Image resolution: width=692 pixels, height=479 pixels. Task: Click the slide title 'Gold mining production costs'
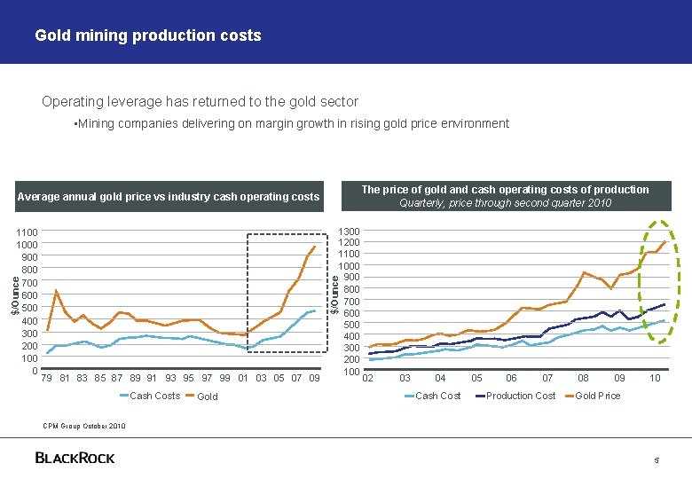147,35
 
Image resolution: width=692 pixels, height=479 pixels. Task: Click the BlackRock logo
75,458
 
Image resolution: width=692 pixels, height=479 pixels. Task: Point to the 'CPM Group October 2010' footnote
85,426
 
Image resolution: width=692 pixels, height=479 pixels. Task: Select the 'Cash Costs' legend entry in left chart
154,396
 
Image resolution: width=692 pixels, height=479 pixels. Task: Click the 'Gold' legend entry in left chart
208,397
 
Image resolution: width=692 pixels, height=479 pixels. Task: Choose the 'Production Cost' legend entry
521,396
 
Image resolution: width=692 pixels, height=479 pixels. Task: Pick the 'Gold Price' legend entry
598,396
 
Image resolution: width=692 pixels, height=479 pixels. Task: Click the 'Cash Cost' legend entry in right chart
438,396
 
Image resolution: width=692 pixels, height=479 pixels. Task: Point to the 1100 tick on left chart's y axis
26,232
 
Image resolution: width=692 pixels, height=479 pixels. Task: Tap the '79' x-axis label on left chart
47,379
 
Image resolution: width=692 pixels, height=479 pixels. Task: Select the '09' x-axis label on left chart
314,379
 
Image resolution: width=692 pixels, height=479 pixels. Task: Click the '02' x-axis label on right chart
368,379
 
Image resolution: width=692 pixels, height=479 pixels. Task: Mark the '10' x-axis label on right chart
655,379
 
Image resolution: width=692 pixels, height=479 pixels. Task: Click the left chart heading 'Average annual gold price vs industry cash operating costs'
169,196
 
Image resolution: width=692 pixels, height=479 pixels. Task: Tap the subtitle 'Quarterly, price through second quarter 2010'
505,203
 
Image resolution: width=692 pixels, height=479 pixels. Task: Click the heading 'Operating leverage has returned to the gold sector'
200,102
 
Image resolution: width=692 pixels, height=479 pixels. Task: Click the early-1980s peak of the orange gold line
57,291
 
